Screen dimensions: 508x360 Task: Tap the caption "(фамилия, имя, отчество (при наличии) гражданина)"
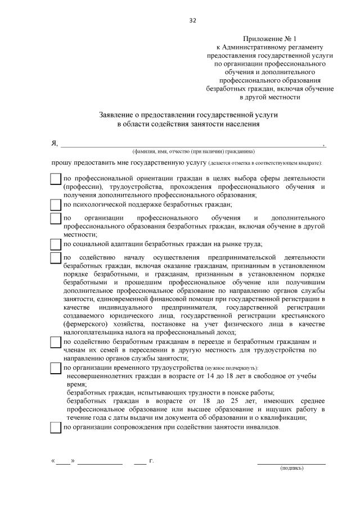tap(193, 151)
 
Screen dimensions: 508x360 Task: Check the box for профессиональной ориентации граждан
tap(56, 179)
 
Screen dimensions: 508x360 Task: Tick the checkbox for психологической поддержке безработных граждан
tap(56, 205)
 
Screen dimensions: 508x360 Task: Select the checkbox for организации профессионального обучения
tap(56, 218)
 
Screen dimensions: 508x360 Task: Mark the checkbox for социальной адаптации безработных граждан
tap(56, 244)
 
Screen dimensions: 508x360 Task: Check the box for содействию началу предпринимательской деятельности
tap(56, 257)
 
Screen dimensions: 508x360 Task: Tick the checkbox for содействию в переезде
tap(56, 342)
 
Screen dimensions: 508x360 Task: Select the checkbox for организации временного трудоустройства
tap(56, 368)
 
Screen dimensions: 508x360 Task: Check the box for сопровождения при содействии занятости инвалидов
tap(56, 427)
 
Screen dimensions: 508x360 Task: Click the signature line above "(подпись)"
tap(291, 462)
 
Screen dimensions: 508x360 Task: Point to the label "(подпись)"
tap(291, 468)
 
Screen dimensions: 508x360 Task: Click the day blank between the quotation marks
tap(63, 462)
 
